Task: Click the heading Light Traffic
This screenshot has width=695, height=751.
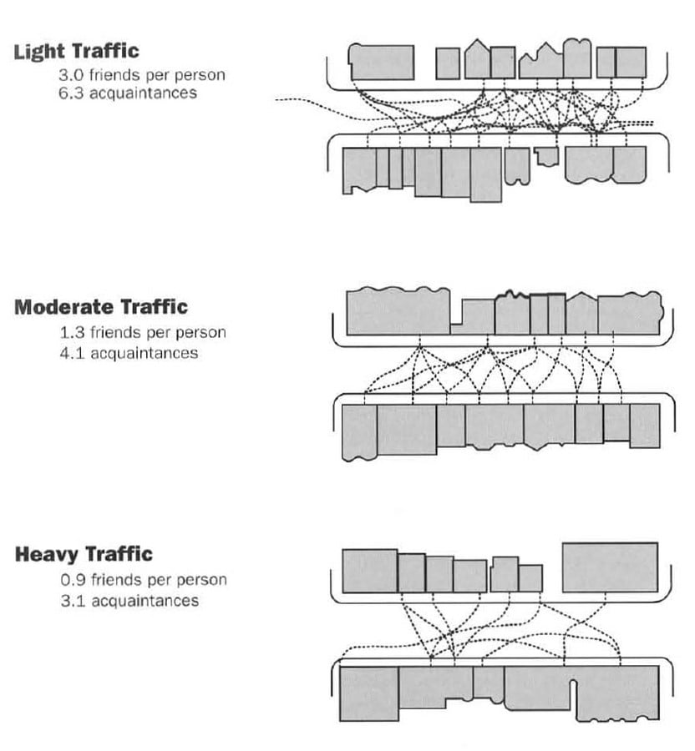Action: coord(76,52)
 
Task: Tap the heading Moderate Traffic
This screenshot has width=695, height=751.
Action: coord(100,307)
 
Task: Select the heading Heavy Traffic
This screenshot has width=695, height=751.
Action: coord(84,554)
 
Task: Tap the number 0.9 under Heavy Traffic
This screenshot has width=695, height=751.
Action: coord(73,580)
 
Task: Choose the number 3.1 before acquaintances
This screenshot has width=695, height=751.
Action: coord(73,601)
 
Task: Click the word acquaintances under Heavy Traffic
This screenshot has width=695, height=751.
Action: coord(145,601)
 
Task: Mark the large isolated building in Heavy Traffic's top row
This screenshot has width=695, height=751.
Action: coord(610,567)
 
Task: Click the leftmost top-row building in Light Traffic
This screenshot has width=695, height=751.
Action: coord(381,62)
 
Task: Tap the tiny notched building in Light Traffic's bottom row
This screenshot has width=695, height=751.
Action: coord(547,156)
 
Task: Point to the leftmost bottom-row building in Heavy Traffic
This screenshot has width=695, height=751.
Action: coord(369,693)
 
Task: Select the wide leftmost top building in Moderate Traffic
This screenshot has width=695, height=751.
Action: coord(398,311)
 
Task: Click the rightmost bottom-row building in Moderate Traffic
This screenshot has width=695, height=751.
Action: coord(645,426)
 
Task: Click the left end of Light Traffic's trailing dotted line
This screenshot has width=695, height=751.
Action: coord(276,99)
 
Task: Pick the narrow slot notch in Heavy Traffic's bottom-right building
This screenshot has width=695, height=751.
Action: coord(572,691)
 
